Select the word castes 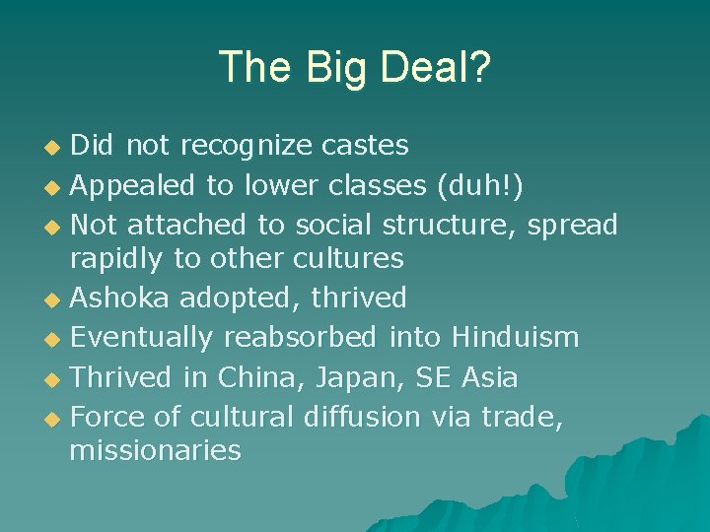pos(365,146)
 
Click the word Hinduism pos(515,337)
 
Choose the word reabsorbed pos(300,337)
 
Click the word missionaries pos(155,451)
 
